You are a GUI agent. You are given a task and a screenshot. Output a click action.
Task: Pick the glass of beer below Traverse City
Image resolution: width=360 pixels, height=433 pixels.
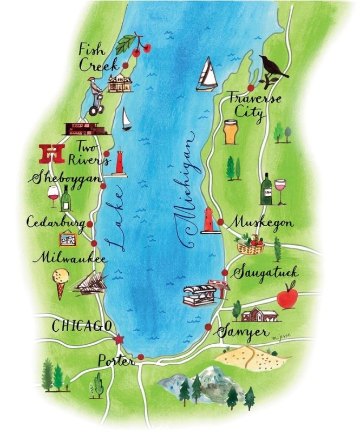point(231,132)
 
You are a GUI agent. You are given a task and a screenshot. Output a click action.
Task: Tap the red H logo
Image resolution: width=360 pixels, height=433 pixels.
point(53,153)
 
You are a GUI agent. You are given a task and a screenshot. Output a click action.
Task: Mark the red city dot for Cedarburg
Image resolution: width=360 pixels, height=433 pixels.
point(89,224)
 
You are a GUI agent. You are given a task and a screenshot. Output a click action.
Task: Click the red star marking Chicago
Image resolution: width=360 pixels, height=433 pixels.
point(119,339)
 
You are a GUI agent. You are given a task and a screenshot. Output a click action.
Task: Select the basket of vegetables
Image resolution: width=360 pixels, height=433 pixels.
point(251,245)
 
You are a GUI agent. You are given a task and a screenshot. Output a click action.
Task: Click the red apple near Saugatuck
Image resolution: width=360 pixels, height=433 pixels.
point(287,297)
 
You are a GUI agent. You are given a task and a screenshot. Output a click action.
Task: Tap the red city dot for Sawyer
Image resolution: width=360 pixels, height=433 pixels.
point(208,326)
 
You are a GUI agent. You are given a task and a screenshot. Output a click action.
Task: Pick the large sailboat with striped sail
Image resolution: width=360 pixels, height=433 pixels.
point(207,74)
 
